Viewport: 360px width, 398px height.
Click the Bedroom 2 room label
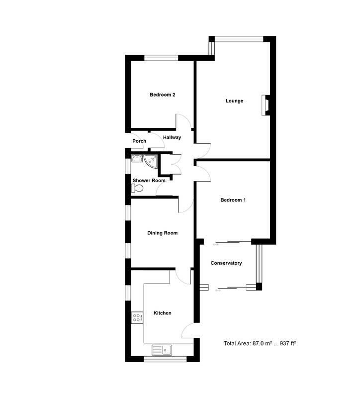(x=162, y=95)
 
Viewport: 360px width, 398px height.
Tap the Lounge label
(x=234, y=101)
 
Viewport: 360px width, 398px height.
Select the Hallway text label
(x=172, y=138)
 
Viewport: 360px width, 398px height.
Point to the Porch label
(x=139, y=141)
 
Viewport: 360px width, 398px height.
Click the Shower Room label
(x=149, y=181)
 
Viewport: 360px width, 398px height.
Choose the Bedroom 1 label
(x=233, y=200)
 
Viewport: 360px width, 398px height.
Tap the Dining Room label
(x=162, y=233)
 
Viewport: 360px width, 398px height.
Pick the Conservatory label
(x=226, y=263)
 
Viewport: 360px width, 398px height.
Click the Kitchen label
(x=162, y=313)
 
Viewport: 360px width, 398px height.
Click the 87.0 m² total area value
(x=265, y=343)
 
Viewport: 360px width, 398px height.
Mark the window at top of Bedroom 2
(x=162, y=58)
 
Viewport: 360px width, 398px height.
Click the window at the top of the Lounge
(x=239, y=38)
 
